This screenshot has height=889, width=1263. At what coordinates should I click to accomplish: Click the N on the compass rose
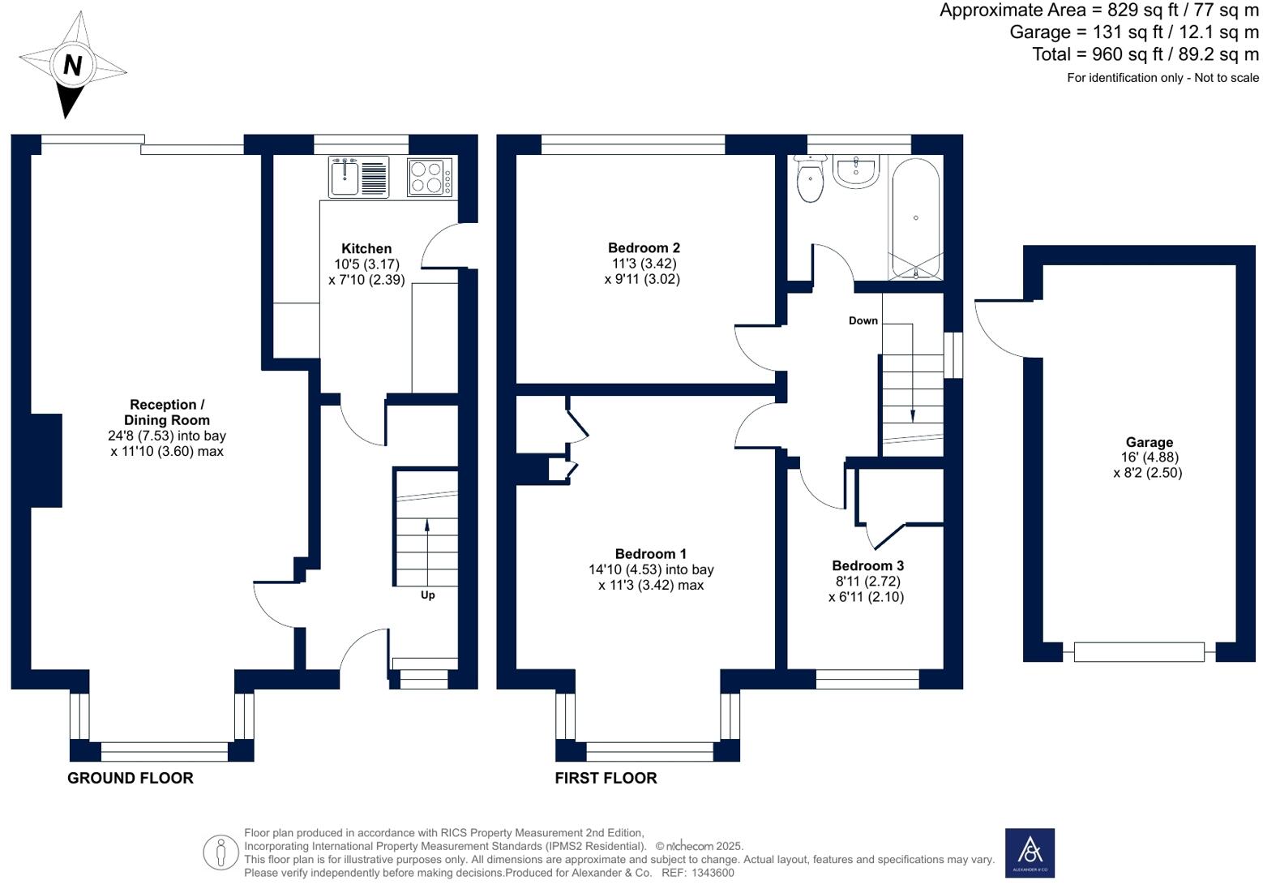pos(72,65)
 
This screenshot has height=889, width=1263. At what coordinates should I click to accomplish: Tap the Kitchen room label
pos(366,248)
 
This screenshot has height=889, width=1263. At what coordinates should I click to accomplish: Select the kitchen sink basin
pos(345,177)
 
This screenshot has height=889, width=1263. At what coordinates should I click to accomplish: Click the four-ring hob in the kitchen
pos(430,177)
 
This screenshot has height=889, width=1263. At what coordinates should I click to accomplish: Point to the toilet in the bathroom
pos(810,178)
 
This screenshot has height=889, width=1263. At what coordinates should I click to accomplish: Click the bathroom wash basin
pos(856,171)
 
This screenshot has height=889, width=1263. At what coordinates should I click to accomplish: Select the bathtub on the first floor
pos(916,218)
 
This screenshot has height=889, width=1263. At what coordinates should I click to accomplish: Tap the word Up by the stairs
pos(428,595)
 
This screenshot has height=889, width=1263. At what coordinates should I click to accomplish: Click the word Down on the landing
pos(863,320)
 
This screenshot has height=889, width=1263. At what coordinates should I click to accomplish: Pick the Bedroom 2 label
pos(644,247)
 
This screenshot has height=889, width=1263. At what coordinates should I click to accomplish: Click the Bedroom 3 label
pos(867,565)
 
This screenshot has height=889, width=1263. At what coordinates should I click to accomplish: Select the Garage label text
pos(1150,442)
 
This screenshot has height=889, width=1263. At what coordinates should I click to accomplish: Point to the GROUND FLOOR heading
pos(131,778)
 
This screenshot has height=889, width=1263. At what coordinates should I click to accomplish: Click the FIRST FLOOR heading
pos(606,778)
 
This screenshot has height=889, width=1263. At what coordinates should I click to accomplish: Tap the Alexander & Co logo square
pos(1030,852)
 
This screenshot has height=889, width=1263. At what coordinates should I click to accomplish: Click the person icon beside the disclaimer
pos(220,852)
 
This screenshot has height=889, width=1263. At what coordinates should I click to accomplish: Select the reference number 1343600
pos(713,874)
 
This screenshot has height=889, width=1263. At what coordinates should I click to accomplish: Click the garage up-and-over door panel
pos(1139,652)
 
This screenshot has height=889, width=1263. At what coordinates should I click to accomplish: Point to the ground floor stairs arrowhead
pos(427,525)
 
